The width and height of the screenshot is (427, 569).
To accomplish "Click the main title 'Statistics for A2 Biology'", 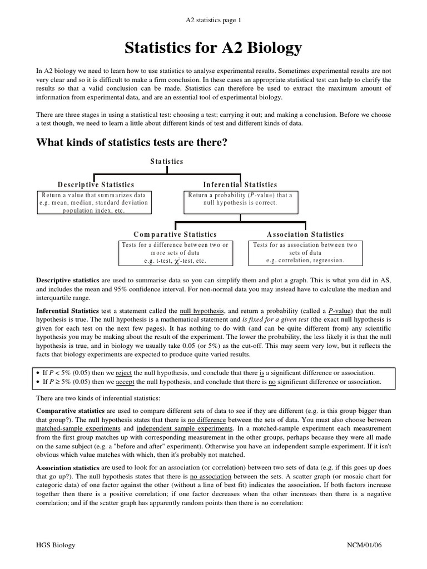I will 213,48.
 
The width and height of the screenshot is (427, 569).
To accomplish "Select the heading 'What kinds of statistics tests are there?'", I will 132,143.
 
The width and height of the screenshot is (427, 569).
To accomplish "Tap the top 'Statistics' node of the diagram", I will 167,161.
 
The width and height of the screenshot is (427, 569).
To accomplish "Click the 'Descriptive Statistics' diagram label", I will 96,184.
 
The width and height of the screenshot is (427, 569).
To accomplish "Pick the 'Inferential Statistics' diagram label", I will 240,184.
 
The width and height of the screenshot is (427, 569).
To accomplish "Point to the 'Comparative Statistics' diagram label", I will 175,234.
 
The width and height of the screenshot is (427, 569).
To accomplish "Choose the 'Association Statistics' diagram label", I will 306,234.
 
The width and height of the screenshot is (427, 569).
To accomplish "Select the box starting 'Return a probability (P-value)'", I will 240,199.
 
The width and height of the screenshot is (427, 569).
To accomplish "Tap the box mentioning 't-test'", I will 175,253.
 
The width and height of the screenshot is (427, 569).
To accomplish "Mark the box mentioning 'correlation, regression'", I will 306,252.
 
